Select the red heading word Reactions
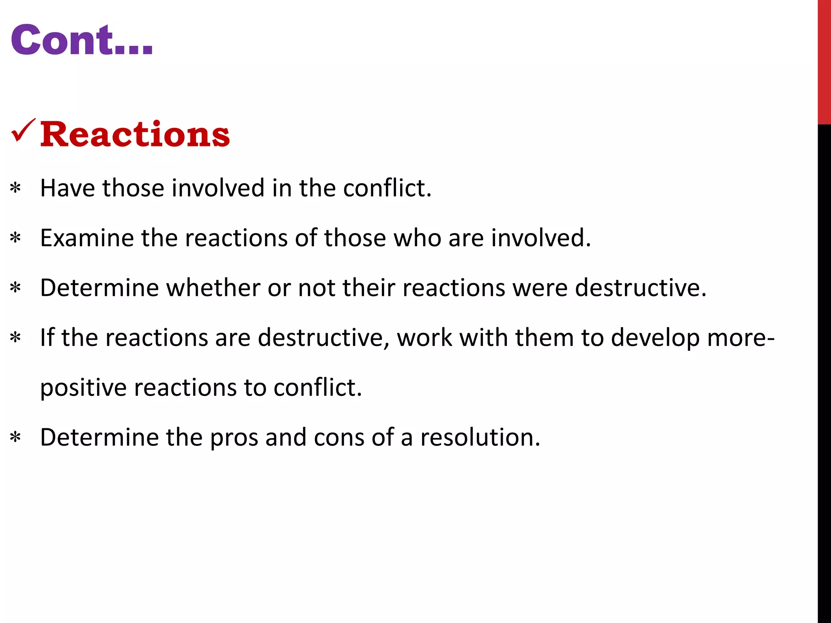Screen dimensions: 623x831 pyautogui.click(x=135, y=134)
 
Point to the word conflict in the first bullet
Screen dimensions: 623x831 pyautogui.click(x=387, y=188)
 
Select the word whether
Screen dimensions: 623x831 pyautogui.click(x=213, y=288)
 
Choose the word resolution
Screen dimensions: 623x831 pyautogui.click(x=480, y=438)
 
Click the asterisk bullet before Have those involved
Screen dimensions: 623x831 pyautogui.click(x=15, y=188)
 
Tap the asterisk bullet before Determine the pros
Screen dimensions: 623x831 pyautogui.click(x=15, y=438)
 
